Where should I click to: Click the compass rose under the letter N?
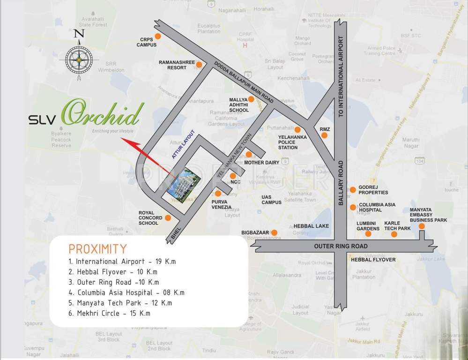pos(79,60)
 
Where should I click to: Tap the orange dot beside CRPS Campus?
pos(158,36)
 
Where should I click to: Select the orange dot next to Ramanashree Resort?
pos(199,65)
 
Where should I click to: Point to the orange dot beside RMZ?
pos(324,135)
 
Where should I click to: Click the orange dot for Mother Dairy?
pos(249,154)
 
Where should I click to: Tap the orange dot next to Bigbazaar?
pos(275,232)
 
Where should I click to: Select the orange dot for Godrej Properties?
pos(352,189)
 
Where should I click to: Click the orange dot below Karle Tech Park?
pos(394,234)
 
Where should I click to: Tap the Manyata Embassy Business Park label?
pos(428,215)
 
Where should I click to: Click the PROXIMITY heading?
pos(97,248)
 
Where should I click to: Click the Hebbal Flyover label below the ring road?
pos(373,259)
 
